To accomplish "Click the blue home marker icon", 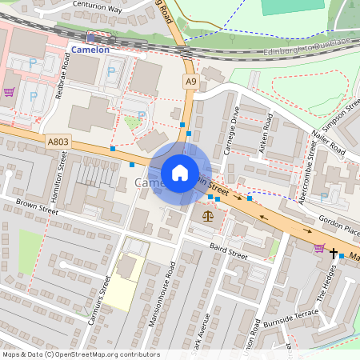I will click(180, 172).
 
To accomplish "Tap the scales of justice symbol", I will click(209, 215).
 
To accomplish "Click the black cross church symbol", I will click(333, 254).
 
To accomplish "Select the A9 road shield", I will click(190, 82).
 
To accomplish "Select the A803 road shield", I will click(58, 142).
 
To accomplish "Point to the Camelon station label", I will click(89, 49).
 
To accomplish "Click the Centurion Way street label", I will click(97, 10).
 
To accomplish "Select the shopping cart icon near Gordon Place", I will click(319, 248).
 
